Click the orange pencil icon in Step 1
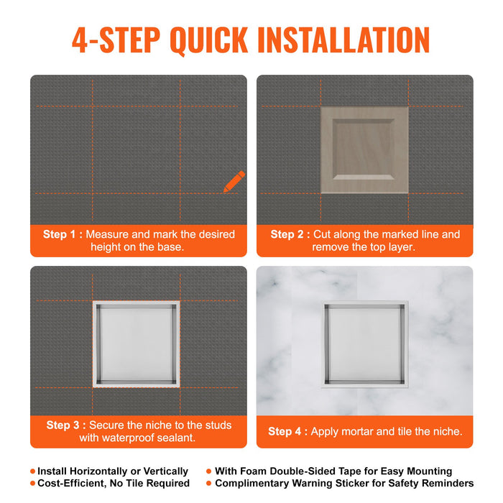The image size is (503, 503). coord(234,182)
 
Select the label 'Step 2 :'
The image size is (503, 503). coord(290,234)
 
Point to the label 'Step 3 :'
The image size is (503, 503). coord(66,425)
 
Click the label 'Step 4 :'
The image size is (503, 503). coord(287,431)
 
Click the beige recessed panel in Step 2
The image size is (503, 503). coord(364,150)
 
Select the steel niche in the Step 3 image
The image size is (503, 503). coord(136,344)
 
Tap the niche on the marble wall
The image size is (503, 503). coord(364,344)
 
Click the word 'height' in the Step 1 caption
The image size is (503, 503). coord(107,246)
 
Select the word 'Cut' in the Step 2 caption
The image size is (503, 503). coord(325,234)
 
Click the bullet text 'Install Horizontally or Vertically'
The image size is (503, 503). coord(113,471)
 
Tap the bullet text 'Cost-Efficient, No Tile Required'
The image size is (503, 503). coord(113,484)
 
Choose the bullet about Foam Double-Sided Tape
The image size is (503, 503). coord(333,471)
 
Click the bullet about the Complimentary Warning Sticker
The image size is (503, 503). coord(344,484)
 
